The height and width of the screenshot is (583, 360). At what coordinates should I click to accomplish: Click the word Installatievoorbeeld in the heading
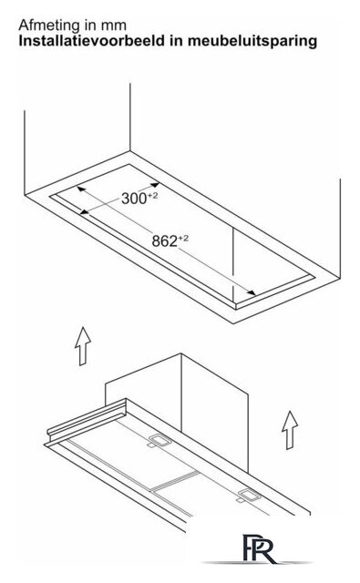pyautogui.click(x=91, y=40)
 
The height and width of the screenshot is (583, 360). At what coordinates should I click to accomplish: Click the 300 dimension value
pyautogui.click(x=134, y=199)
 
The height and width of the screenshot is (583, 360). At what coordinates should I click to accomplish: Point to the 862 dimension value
pyautogui.click(x=164, y=241)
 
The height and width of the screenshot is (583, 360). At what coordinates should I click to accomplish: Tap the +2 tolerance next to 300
pyautogui.click(x=152, y=195)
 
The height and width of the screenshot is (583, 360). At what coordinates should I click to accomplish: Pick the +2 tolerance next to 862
pyautogui.click(x=183, y=238)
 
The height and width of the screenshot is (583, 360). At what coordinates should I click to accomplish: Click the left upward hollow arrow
pyautogui.click(x=83, y=346)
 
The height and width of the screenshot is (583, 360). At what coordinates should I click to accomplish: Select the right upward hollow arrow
pyautogui.click(x=290, y=430)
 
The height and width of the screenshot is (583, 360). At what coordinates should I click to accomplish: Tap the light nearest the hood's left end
pyautogui.click(x=159, y=441)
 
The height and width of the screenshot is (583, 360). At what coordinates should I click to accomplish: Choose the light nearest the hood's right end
pyautogui.click(x=250, y=496)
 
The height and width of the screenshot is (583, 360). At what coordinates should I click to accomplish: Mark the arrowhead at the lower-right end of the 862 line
pyautogui.click(x=251, y=292)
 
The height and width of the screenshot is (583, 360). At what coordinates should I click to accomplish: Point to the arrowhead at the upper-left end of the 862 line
pyautogui.click(x=81, y=189)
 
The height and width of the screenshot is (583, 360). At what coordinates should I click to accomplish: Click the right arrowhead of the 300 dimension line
pyautogui.click(x=155, y=185)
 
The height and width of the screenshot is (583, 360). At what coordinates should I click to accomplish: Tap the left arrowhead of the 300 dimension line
pyautogui.click(x=85, y=212)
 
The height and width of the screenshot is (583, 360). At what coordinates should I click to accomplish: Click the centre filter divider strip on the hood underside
pyautogui.click(x=175, y=481)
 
